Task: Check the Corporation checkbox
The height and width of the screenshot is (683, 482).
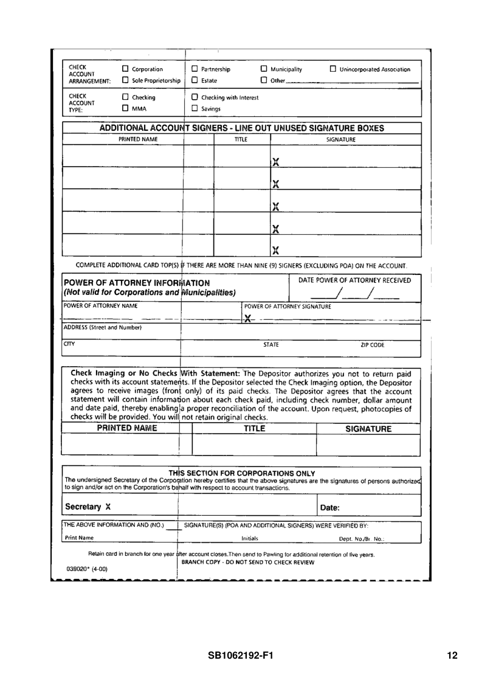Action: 126,69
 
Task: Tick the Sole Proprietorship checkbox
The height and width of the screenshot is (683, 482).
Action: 126,80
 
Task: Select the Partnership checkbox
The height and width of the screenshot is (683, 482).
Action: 195,69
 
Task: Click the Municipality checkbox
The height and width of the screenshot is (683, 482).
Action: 264,69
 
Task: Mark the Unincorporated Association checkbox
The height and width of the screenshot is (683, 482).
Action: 332,69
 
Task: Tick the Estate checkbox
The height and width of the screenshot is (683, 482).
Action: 195,80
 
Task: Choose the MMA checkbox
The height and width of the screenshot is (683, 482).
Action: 126,109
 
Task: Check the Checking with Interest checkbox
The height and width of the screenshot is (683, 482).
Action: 195,97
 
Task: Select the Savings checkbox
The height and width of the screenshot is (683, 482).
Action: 195,109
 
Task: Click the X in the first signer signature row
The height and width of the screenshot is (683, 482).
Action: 276,162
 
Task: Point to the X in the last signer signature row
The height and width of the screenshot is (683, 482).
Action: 276,249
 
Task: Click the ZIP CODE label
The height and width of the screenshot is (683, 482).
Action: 373,345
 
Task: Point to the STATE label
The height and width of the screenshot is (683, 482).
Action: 271,345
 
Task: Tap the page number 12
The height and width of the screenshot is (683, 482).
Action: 451,656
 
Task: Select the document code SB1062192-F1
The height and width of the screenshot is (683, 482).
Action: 240,656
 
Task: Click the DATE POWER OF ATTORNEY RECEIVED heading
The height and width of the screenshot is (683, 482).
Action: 354,280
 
